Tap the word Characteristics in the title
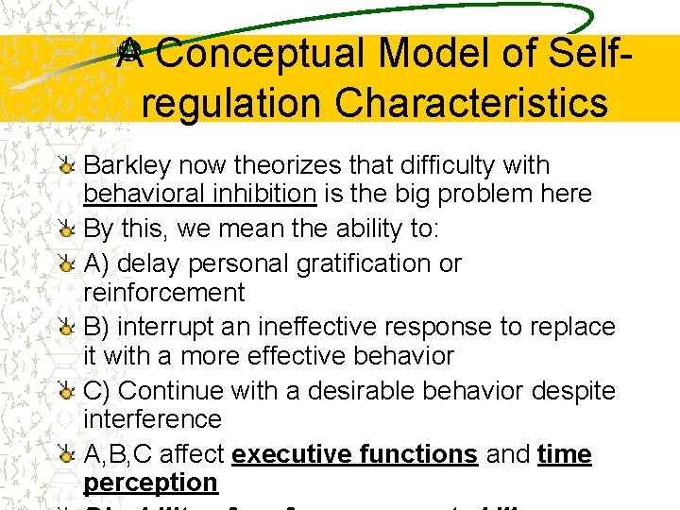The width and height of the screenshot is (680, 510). coord(470,103)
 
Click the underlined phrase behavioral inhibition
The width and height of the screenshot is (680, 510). coord(199,195)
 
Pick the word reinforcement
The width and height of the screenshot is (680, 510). coord(163,293)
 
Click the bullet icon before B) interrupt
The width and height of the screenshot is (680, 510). coord(66,328)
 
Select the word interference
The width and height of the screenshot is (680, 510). coord(152,419)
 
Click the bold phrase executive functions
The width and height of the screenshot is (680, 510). coord(354,454)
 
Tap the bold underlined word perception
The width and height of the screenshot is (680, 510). coord(150,483)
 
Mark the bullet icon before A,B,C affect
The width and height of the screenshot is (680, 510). coord(66,455)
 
